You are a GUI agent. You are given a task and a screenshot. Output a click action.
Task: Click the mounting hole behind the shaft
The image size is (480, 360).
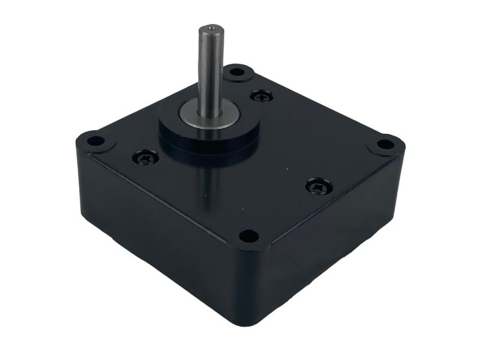click(237, 72)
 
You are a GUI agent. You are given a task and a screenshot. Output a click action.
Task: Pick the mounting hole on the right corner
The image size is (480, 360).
click(384, 145)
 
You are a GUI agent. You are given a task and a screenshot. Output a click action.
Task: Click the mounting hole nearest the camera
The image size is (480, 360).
click(249, 235)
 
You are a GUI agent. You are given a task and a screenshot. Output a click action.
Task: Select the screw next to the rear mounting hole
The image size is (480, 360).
click(260, 95)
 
